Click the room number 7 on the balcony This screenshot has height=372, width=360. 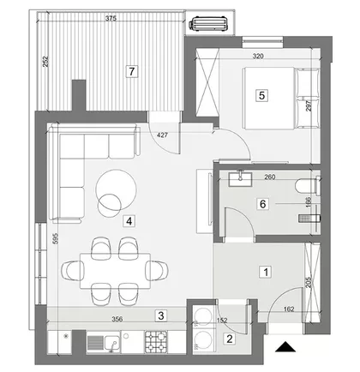click(x=132, y=71)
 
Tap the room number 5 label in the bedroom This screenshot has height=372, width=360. click(x=261, y=95)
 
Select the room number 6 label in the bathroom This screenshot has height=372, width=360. click(x=262, y=204)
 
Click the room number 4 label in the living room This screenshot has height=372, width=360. click(x=129, y=221)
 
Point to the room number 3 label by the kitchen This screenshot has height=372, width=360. click(x=161, y=315)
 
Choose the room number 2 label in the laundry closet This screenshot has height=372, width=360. click(x=230, y=339)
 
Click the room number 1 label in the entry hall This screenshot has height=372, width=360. click(x=266, y=272)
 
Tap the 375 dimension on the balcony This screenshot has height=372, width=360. click(x=111, y=19)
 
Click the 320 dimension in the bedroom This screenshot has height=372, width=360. click(x=258, y=57)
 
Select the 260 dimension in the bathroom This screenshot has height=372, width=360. click(x=270, y=177)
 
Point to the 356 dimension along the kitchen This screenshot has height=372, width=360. click(x=117, y=319)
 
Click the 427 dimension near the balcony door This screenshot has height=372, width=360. click(x=162, y=135)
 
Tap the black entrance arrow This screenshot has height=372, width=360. click(x=285, y=346)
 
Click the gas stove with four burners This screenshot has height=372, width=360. click(x=156, y=342)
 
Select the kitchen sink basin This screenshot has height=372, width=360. click(x=112, y=342)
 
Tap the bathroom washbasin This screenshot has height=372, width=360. click(x=240, y=179)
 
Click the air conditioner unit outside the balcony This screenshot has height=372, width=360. click(x=208, y=24)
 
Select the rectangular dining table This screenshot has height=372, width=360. click(x=115, y=271)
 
